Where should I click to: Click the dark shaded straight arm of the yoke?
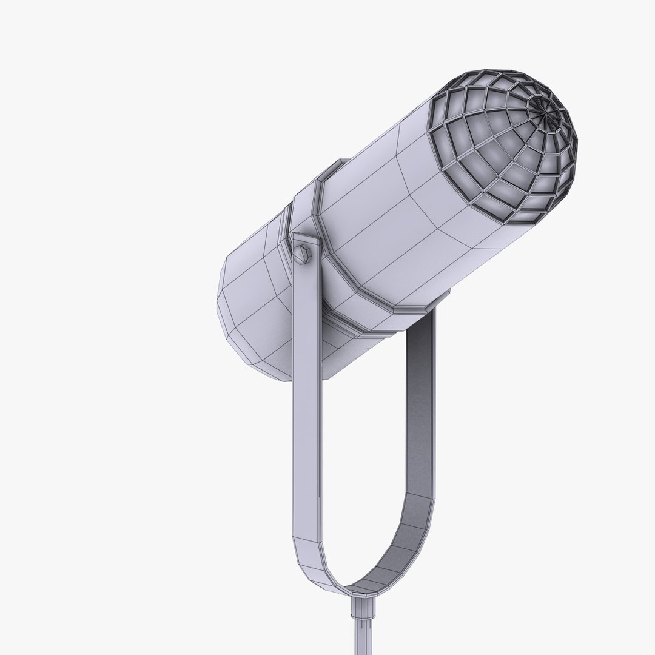click(x=419, y=412)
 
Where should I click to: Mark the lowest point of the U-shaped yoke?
click(x=358, y=591)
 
